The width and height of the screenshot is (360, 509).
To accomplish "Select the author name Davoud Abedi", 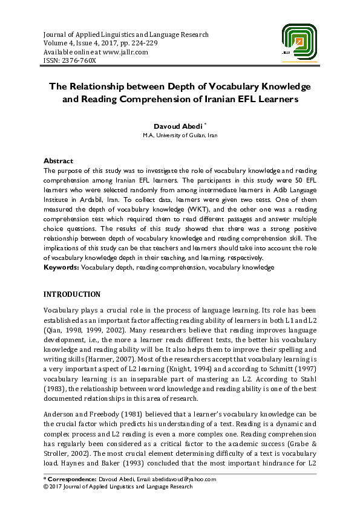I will (x=178, y=125).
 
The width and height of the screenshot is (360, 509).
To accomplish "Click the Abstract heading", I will (x=58, y=161).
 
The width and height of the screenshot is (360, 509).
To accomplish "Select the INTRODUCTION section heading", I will (x=72, y=294).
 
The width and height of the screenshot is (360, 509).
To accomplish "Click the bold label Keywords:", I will (x=62, y=267).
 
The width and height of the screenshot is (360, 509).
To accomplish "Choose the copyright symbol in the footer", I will (x=46, y=487).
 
